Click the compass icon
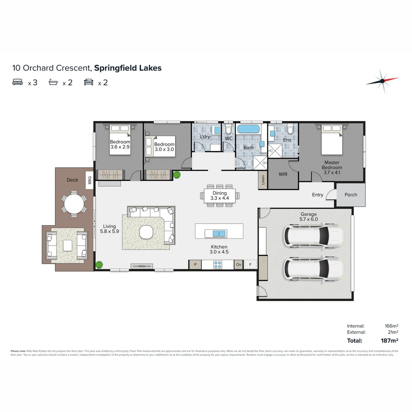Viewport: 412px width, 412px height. (x=382, y=81)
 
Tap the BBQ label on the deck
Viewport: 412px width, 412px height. (x=90, y=179)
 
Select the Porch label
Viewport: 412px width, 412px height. (x=351, y=195)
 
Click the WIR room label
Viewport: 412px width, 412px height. (x=283, y=174)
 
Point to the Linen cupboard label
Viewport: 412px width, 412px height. (x=263, y=180)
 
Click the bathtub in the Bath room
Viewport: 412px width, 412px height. (x=248, y=129)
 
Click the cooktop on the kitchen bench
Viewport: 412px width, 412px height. (x=218, y=264)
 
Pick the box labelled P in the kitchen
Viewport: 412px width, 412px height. (x=195, y=264)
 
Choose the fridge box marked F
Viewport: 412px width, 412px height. (x=251, y=264)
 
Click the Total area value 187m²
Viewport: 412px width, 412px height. (x=389, y=341)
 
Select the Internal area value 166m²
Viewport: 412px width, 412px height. (x=391, y=326)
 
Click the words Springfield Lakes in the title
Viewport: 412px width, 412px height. (x=128, y=68)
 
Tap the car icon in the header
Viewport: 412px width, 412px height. (x=89, y=82)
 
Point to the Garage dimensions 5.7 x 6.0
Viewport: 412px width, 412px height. (x=309, y=219)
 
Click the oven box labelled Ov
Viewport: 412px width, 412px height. (x=239, y=264)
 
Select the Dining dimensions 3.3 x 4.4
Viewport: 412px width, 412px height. (x=220, y=198)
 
